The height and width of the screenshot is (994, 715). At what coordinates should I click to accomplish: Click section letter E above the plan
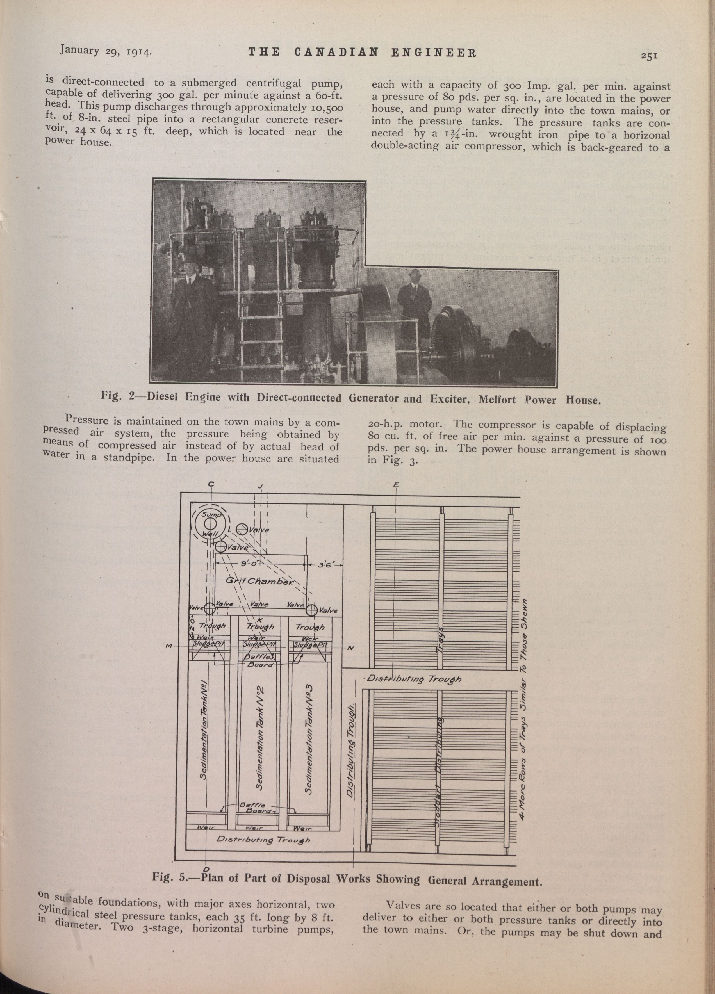click(x=396, y=485)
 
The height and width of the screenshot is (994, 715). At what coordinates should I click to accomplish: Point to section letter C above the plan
click(x=211, y=484)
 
